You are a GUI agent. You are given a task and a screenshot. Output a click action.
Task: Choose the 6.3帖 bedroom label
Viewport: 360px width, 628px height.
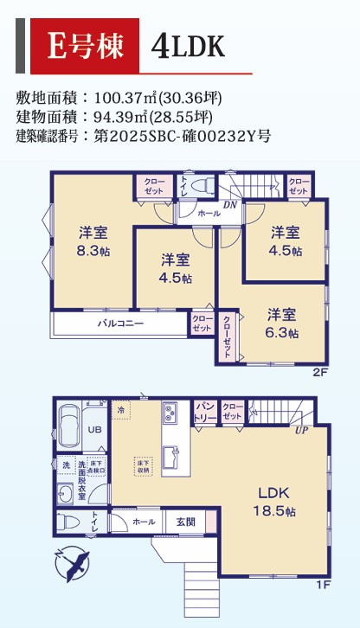click(282, 322)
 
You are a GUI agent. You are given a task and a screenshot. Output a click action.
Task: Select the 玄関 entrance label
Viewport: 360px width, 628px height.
click(186, 522)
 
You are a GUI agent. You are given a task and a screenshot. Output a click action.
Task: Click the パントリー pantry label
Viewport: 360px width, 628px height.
click(204, 411)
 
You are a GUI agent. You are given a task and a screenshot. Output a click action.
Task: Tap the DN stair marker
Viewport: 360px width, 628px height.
click(229, 204)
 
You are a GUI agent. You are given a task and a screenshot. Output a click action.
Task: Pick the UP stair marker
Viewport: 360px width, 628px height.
click(301, 430)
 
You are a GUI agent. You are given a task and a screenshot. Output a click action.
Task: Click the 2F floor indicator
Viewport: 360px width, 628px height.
click(321, 373)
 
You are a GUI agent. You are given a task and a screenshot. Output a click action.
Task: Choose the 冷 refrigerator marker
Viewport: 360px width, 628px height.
click(121, 408)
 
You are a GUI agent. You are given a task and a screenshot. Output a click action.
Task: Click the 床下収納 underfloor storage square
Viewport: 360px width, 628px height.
click(143, 467)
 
